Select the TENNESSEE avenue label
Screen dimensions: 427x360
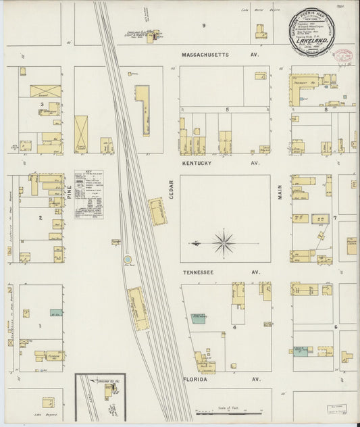pos(201,272)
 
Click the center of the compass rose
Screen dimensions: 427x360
pos(224,241)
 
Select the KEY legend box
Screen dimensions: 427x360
pos(88,194)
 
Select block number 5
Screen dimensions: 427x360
pos(228,109)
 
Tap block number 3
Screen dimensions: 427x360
pos(42,105)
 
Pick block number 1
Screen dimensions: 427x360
pos(40,326)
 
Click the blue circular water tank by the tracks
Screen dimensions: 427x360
pos(127,259)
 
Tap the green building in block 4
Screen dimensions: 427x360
pos(199,318)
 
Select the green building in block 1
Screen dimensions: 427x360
pos(55,313)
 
